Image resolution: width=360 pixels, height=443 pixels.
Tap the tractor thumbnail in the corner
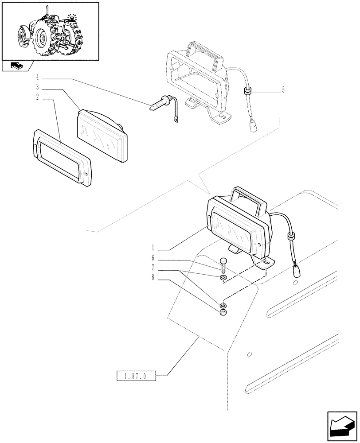click(x=50, y=31)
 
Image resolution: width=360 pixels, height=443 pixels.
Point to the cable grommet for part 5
click(x=246, y=92)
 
